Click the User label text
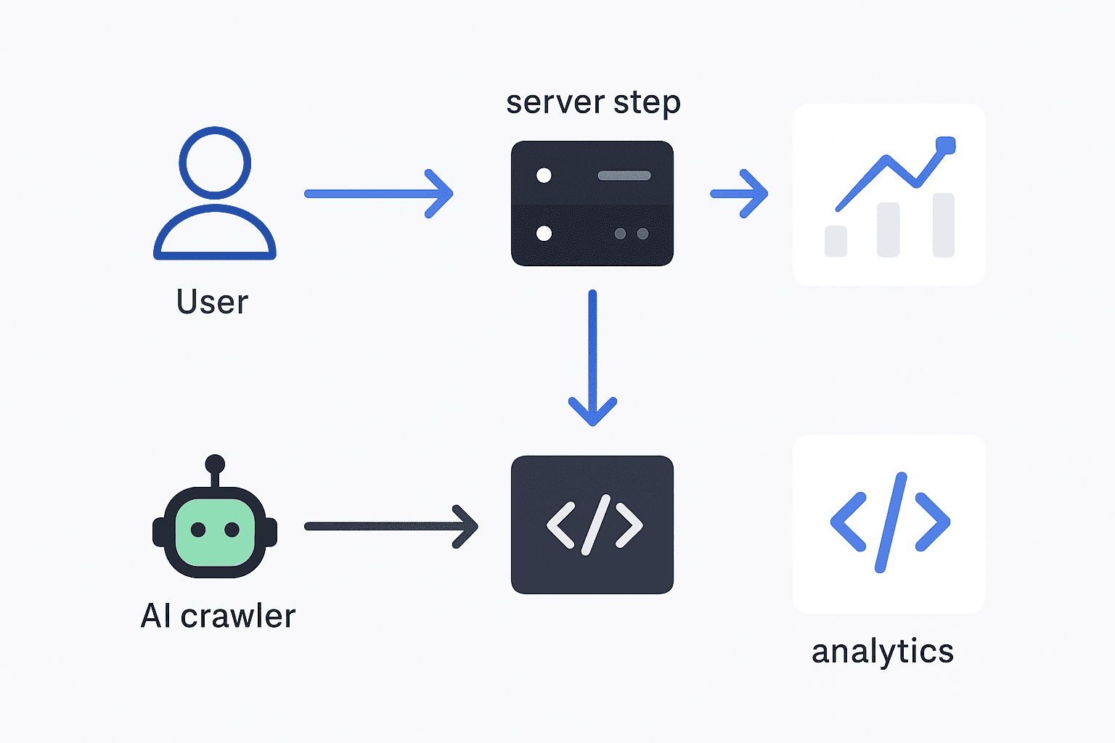(x=212, y=302)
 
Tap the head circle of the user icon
(x=215, y=163)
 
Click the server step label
(x=593, y=102)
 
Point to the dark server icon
(x=592, y=204)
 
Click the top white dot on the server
(x=544, y=176)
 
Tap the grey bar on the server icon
(x=624, y=176)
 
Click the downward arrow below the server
(x=592, y=356)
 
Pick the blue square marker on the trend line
(x=945, y=145)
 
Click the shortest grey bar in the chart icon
(x=836, y=241)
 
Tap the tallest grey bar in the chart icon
(x=943, y=225)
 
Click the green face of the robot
(x=215, y=531)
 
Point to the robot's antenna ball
(x=215, y=464)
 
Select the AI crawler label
(x=218, y=616)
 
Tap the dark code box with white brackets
(x=592, y=525)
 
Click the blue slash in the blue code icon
(x=891, y=522)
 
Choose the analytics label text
(x=882, y=652)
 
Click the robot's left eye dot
(x=197, y=530)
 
